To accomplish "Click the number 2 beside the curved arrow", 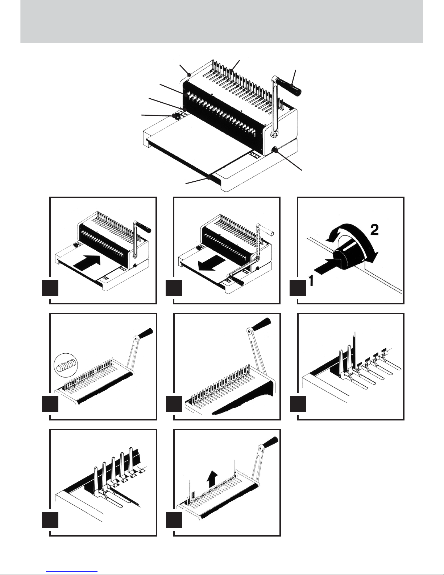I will [x=374, y=230].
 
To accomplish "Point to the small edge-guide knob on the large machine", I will [x=177, y=116].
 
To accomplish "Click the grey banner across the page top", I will [x=222, y=21].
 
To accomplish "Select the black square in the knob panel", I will [x=298, y=289].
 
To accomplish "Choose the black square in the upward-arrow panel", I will [x=174, y=521].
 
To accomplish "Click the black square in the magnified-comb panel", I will [x=50, y=404].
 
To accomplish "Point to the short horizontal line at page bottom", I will [x=73, y=570].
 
